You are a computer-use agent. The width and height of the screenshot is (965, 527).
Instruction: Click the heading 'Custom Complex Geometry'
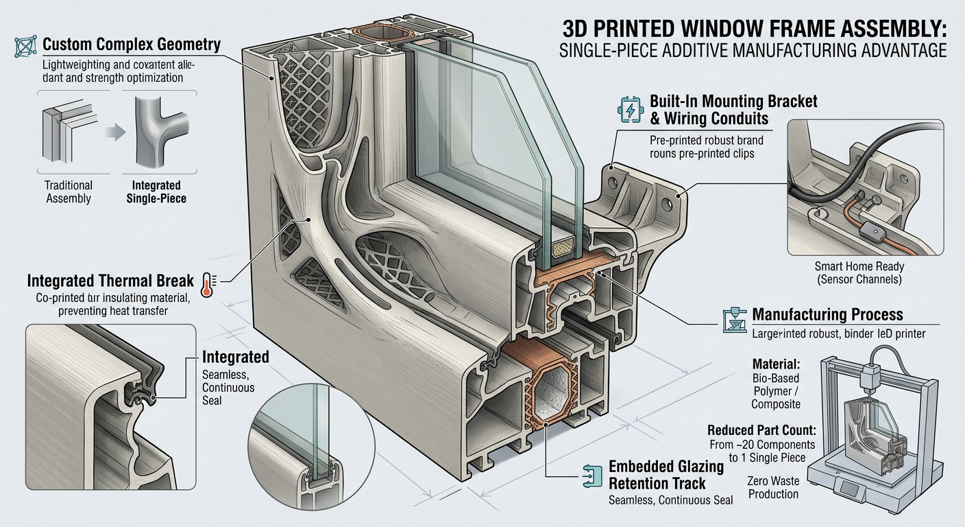131,45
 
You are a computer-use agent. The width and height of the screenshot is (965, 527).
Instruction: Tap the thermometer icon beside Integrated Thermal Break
208,281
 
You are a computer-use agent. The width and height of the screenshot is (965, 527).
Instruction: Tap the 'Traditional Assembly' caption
68,192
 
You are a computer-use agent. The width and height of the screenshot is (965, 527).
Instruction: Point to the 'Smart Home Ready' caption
859,266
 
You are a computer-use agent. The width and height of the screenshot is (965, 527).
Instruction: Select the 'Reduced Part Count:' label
761,431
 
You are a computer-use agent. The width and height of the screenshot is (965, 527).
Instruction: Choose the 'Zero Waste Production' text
773,487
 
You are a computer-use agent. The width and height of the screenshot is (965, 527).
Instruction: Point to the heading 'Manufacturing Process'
827,315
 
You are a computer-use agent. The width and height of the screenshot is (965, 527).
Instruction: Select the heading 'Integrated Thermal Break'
110,281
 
